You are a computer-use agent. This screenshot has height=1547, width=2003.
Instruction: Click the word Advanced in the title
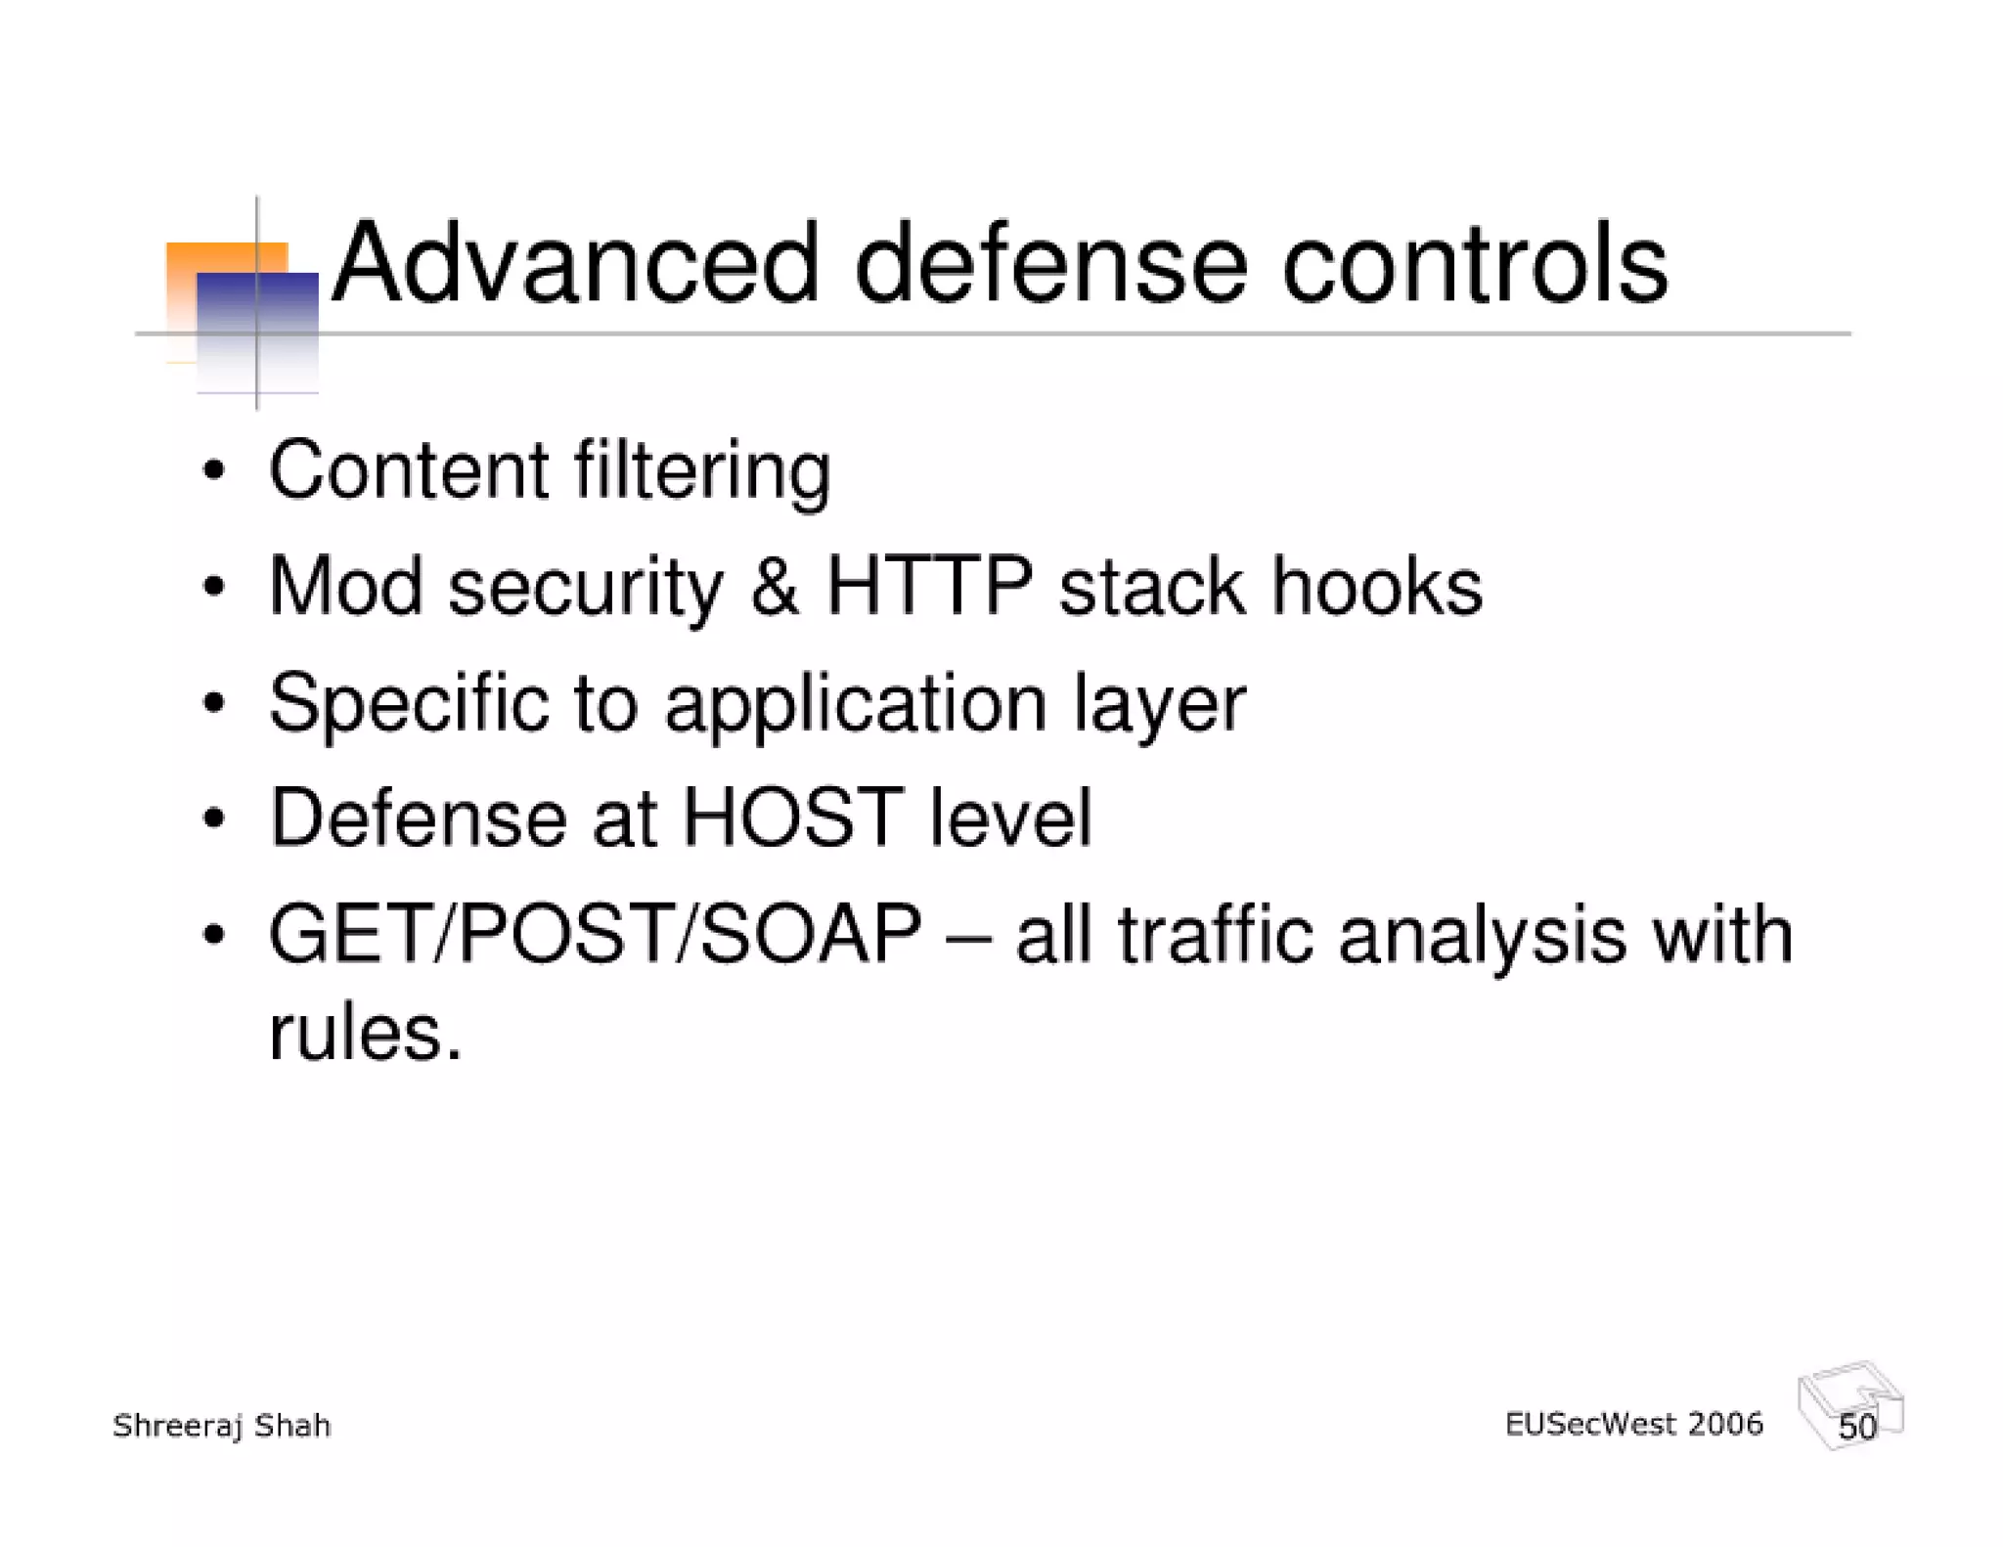(x=575, y=264)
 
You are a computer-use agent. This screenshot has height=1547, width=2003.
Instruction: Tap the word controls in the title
(x=1474, y=264)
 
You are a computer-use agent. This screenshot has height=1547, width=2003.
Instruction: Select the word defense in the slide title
(x=1050, y=264)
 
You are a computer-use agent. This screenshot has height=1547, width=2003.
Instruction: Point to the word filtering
(x=701, y=471)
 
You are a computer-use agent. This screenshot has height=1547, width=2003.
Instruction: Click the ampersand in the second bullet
(x=775, y=587)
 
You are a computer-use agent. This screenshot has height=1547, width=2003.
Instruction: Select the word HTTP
(x=929, y=587)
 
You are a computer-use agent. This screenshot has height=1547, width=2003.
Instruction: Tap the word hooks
(x=1376, y=587)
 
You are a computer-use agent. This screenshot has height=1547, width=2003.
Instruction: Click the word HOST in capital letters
(x=791, y=818)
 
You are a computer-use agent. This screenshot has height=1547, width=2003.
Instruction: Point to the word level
(x=1010, y=818)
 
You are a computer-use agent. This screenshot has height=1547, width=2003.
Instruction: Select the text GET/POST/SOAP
(x=595, y=935)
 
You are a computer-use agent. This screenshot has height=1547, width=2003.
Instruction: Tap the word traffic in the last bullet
(x=1216, y=935)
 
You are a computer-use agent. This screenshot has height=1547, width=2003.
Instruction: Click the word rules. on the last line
(x=365, y=1033)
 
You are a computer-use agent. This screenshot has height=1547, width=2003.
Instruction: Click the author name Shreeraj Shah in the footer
(x=222, y=1426)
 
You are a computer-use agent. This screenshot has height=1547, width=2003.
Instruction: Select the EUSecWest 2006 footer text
(x=1633, y=1424)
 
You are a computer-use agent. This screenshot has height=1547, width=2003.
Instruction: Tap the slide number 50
(x=1856, y=1427)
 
